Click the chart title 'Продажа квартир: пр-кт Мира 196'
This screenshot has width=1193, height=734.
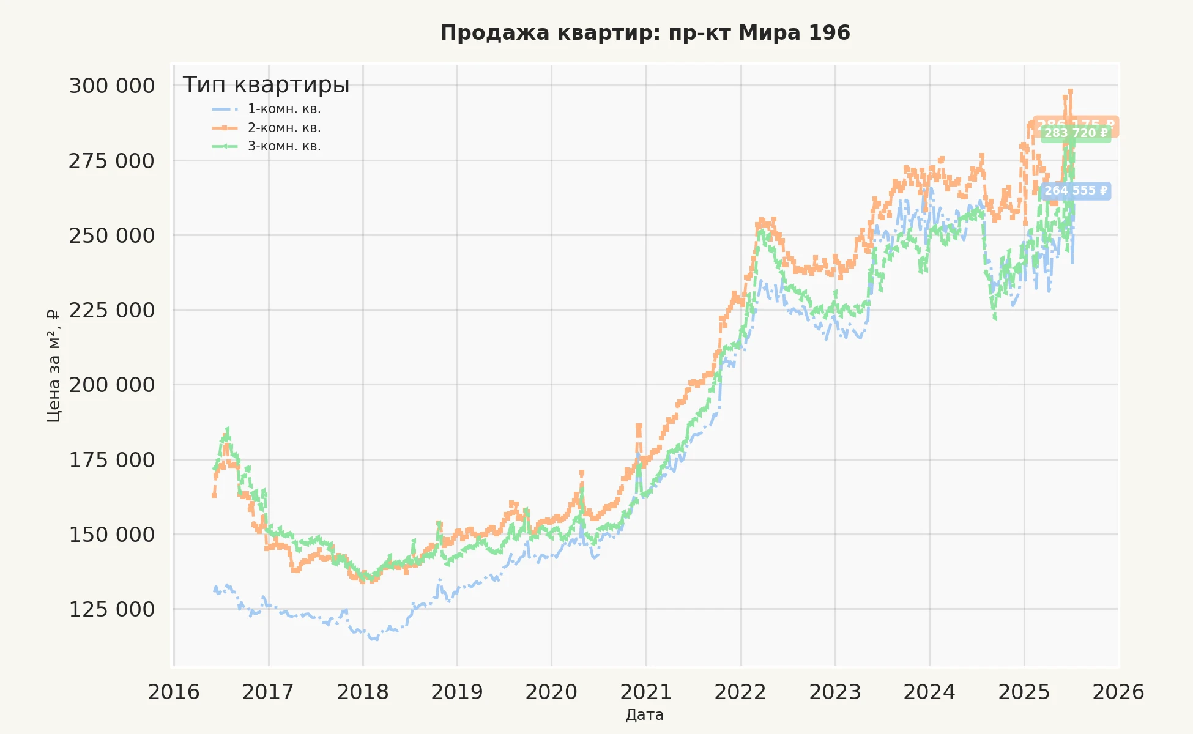tap(645, 33)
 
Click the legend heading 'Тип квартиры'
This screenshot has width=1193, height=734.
tap(266, 85)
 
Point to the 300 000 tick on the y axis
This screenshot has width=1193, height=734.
tap(112, 86)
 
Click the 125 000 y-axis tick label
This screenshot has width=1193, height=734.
tap(112, 609)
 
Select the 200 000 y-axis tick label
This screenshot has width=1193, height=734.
tap(112, 385)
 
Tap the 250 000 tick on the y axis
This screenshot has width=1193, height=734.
tap(112, 235)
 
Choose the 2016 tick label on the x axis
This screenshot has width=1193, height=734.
tap(174, 692)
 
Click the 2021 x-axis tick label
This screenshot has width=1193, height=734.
tap(646, 692)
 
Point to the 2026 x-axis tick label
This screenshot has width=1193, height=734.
tap(1118, 692)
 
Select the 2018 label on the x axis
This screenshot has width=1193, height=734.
tap(363, 692)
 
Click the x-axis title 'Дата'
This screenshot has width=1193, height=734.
tap(645, 715)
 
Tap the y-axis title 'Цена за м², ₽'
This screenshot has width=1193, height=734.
tap(54, 366)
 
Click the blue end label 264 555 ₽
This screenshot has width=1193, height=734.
tap(1076, 191)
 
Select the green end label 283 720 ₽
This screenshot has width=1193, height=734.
tap(1076, 133)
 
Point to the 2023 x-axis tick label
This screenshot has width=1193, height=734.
tap(835, 692)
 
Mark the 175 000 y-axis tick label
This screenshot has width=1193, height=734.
tap(112, 460)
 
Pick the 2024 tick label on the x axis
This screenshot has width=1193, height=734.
tap(929, 692)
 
